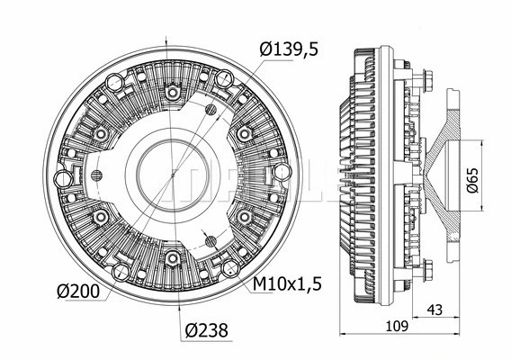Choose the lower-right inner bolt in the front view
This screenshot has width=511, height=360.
click(244, 217)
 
